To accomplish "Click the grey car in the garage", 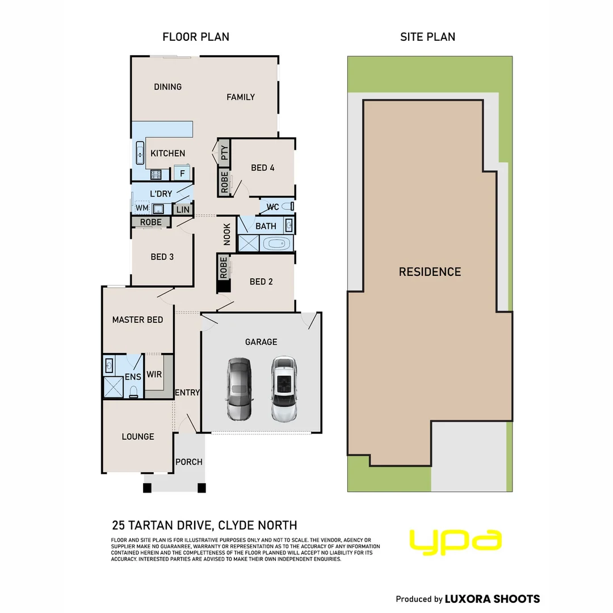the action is pos(239,389).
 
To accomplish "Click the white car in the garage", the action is pos(284,389).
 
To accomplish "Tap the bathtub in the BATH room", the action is pos(276,243).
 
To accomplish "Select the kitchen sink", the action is pos(140,153).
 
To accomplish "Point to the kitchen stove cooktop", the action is pos(157,174).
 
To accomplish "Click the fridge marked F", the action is pos(182,173).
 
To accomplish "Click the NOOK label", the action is pos(226,234).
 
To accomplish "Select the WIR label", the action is pos(154,374).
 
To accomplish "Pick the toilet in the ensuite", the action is pos(134,392).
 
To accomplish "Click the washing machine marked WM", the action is pos(142,208).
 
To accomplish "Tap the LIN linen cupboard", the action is pos(183,209).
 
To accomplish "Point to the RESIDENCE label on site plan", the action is pos(430,272).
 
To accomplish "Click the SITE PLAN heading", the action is pos(428,37).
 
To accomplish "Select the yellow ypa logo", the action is pos(455,542).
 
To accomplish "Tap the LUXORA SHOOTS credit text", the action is pos(492,599).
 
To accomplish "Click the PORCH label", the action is pos(189,461).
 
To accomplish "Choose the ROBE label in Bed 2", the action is pos(224,268).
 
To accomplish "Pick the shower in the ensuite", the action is pos(113,388).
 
